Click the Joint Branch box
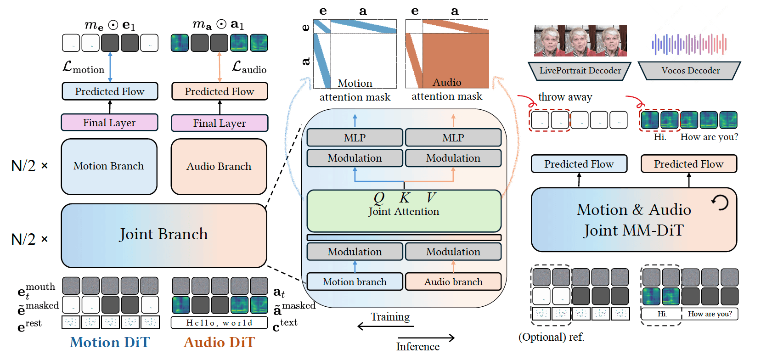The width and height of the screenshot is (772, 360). coord(163,235)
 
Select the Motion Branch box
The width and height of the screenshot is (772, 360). coord(109,166)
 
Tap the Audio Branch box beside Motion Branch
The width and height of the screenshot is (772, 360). coord(219,167)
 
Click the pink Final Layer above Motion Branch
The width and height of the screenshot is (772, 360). coord(109,123)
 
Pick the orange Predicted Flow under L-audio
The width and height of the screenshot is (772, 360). coord(220,91)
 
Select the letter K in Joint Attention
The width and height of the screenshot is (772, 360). coord(404,198)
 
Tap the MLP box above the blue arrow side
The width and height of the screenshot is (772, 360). coord(355,138)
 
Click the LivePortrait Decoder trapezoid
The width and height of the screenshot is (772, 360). coord(580,71)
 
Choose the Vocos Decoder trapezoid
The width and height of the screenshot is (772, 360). coord(690,71)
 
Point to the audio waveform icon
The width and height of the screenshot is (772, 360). coord(689,44)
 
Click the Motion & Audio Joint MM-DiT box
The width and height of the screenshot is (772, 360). coord(634,219)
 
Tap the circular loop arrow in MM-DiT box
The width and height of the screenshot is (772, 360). coord(720,202)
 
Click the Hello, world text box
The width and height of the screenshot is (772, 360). coord(219,323)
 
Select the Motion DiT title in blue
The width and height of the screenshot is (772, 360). coord(110,343)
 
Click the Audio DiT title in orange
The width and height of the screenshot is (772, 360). coord(219,343)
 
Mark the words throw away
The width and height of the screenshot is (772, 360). coord(565,97)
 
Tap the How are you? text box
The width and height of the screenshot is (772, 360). coord(710,314)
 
